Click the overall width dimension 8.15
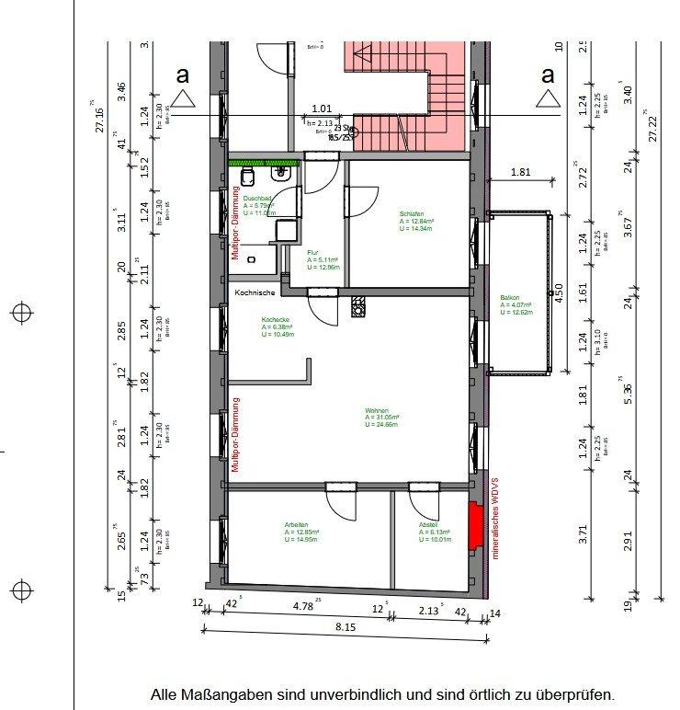click(x=345, y=627)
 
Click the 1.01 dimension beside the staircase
click(x=322, y=107)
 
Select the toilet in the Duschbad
click(x=247, y=176)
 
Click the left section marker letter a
click(x=183, y=74)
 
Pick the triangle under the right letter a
click(x=549, y=98)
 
